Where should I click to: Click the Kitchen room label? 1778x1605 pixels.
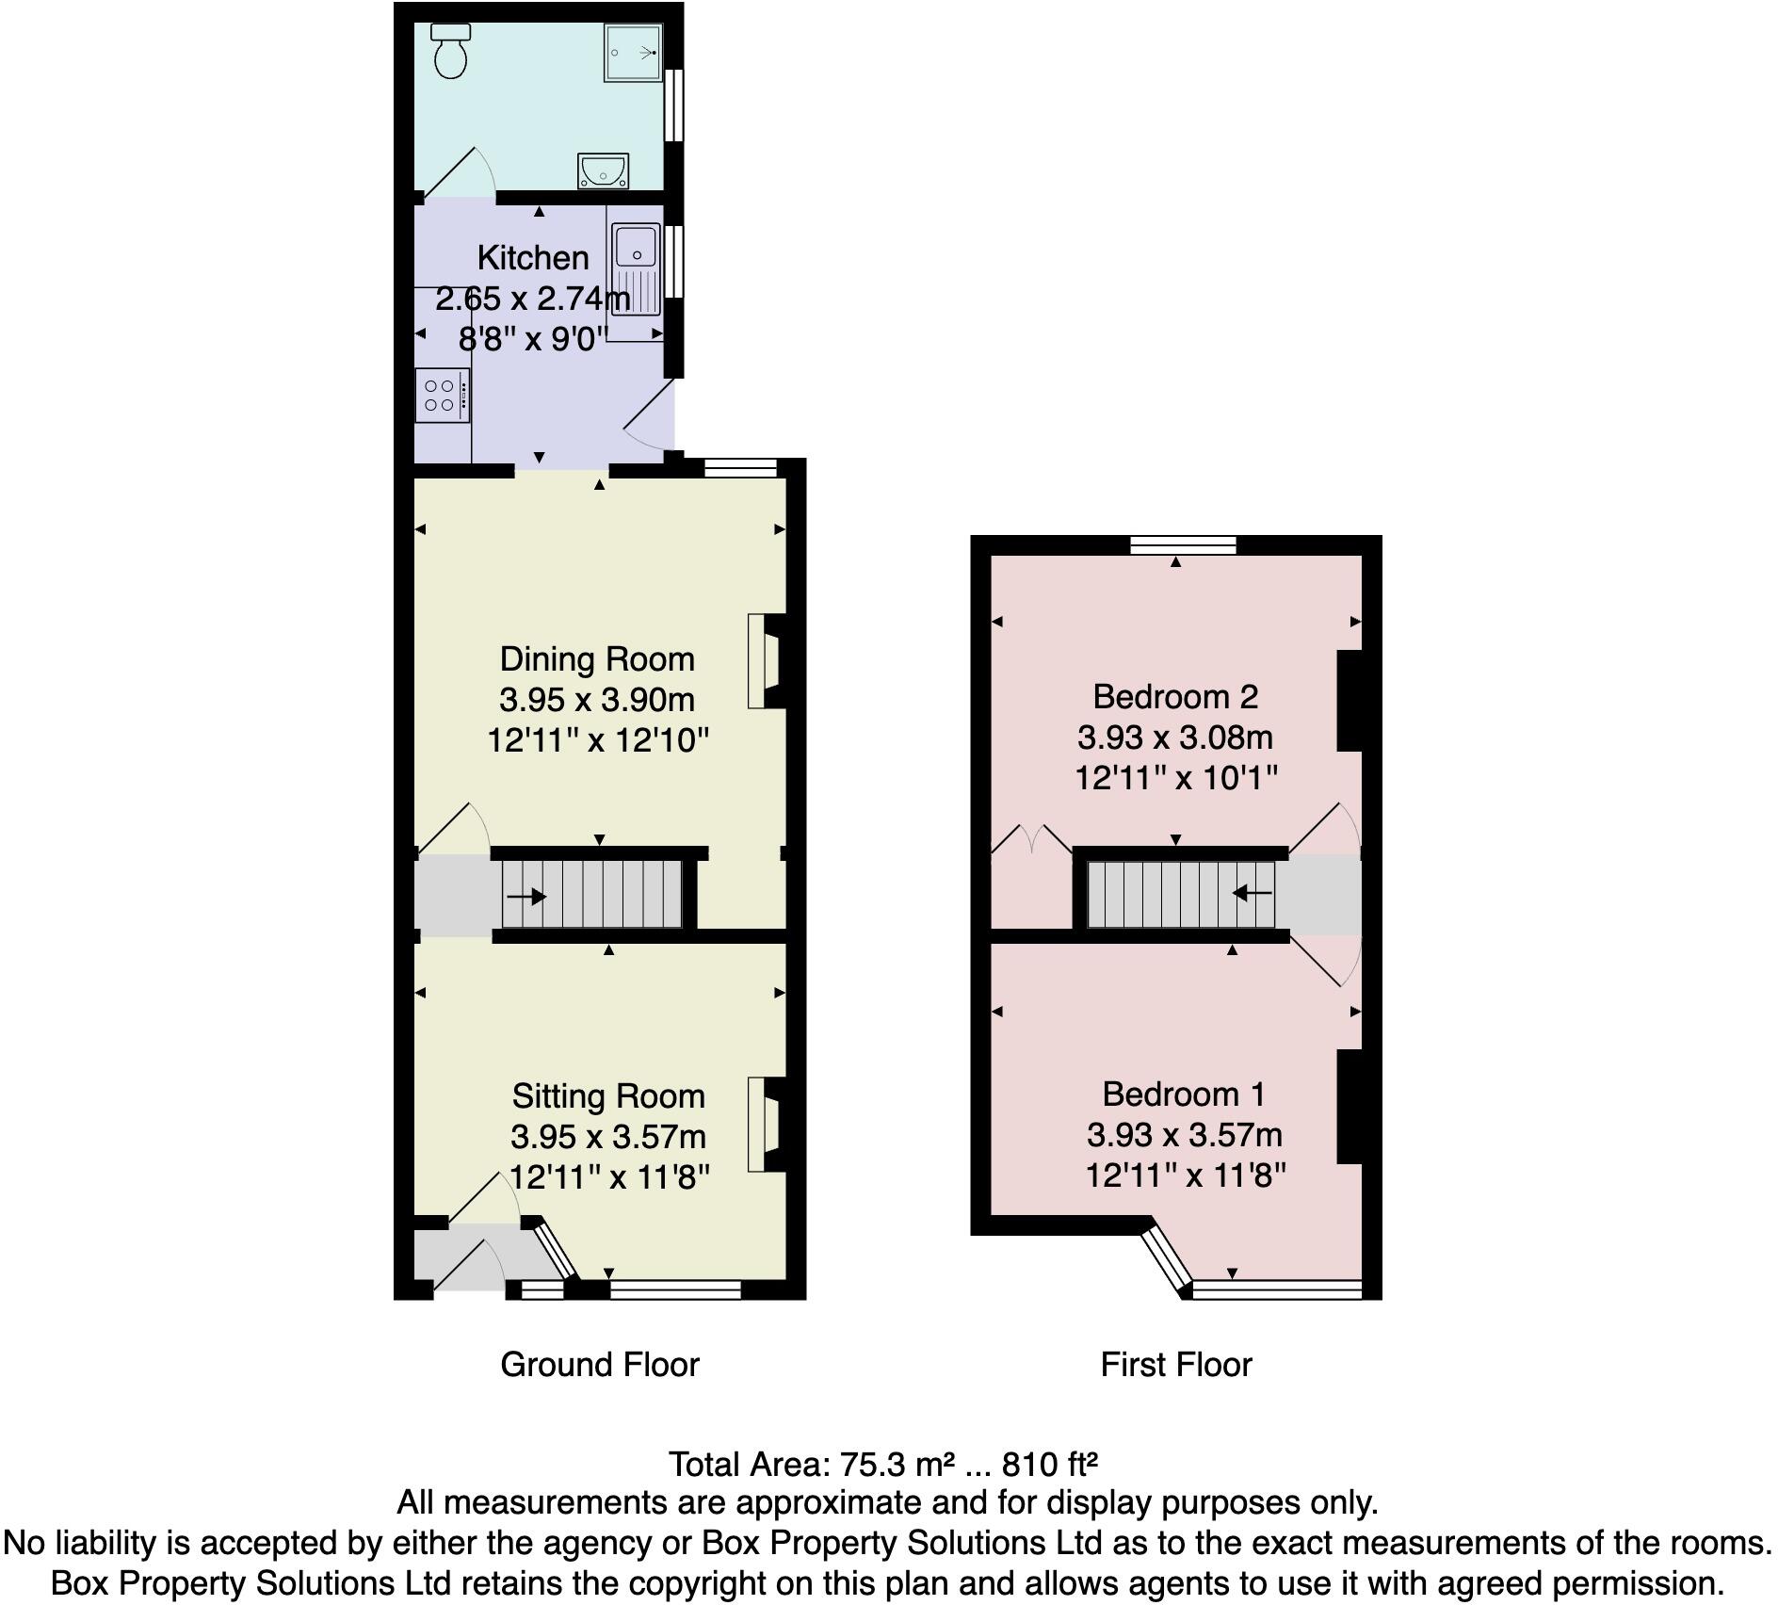point(533,257)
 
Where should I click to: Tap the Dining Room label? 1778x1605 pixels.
point(597,658)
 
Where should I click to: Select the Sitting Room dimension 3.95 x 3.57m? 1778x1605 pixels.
point(608,1137)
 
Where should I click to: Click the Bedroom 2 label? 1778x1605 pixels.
point(1175,696)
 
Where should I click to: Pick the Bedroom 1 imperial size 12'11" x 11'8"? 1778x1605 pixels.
point(1186,1175)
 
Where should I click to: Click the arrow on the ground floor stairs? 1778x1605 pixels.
point(525,896)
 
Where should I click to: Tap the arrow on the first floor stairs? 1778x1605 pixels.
point(1253,891)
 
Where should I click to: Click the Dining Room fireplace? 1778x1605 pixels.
point(764,661)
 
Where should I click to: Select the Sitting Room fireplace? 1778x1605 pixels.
point(764,1125)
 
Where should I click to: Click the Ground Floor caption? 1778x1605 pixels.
point(600,1364)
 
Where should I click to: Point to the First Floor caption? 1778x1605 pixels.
point(1176,1364)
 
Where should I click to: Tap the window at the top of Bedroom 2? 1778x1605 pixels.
point(1183,544)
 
